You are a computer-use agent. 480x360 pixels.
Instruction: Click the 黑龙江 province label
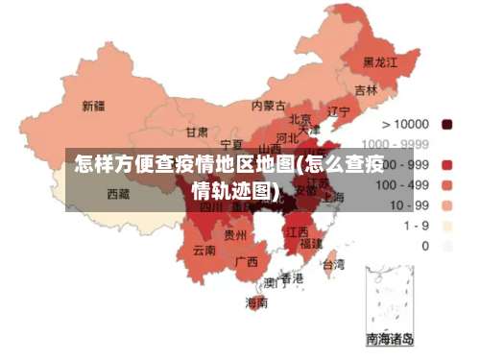point(378,61)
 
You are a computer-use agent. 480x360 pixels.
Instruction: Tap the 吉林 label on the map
point(366,90)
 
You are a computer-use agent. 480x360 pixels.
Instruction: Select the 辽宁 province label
point(339,111)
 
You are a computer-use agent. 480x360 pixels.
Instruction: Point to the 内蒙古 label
point(268,106)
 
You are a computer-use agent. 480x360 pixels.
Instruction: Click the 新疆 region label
point(93,106)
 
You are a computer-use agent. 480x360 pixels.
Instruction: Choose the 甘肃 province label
point(197,132)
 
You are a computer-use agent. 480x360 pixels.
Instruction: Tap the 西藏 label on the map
point(118,194)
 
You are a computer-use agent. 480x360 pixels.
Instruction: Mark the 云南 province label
point(204,251)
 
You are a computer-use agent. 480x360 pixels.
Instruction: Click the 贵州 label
point(235,234)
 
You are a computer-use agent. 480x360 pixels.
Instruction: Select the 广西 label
point(246,261)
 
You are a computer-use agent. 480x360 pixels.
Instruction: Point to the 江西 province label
point(298,231)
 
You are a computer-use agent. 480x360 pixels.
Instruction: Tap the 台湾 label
point(332,263)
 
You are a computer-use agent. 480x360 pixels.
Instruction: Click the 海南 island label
point(256,302)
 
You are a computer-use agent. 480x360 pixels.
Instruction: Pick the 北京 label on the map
point(300,119)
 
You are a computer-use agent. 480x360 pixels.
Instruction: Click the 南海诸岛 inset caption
point(390,339)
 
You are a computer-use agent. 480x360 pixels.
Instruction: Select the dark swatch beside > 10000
point(447,124)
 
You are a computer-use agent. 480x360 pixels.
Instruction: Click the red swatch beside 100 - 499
point(447,184)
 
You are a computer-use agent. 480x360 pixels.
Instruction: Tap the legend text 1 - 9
point(417,226)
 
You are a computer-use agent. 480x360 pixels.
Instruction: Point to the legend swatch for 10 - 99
point(447,204)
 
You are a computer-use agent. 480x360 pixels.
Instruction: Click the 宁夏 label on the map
point(231,143)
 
